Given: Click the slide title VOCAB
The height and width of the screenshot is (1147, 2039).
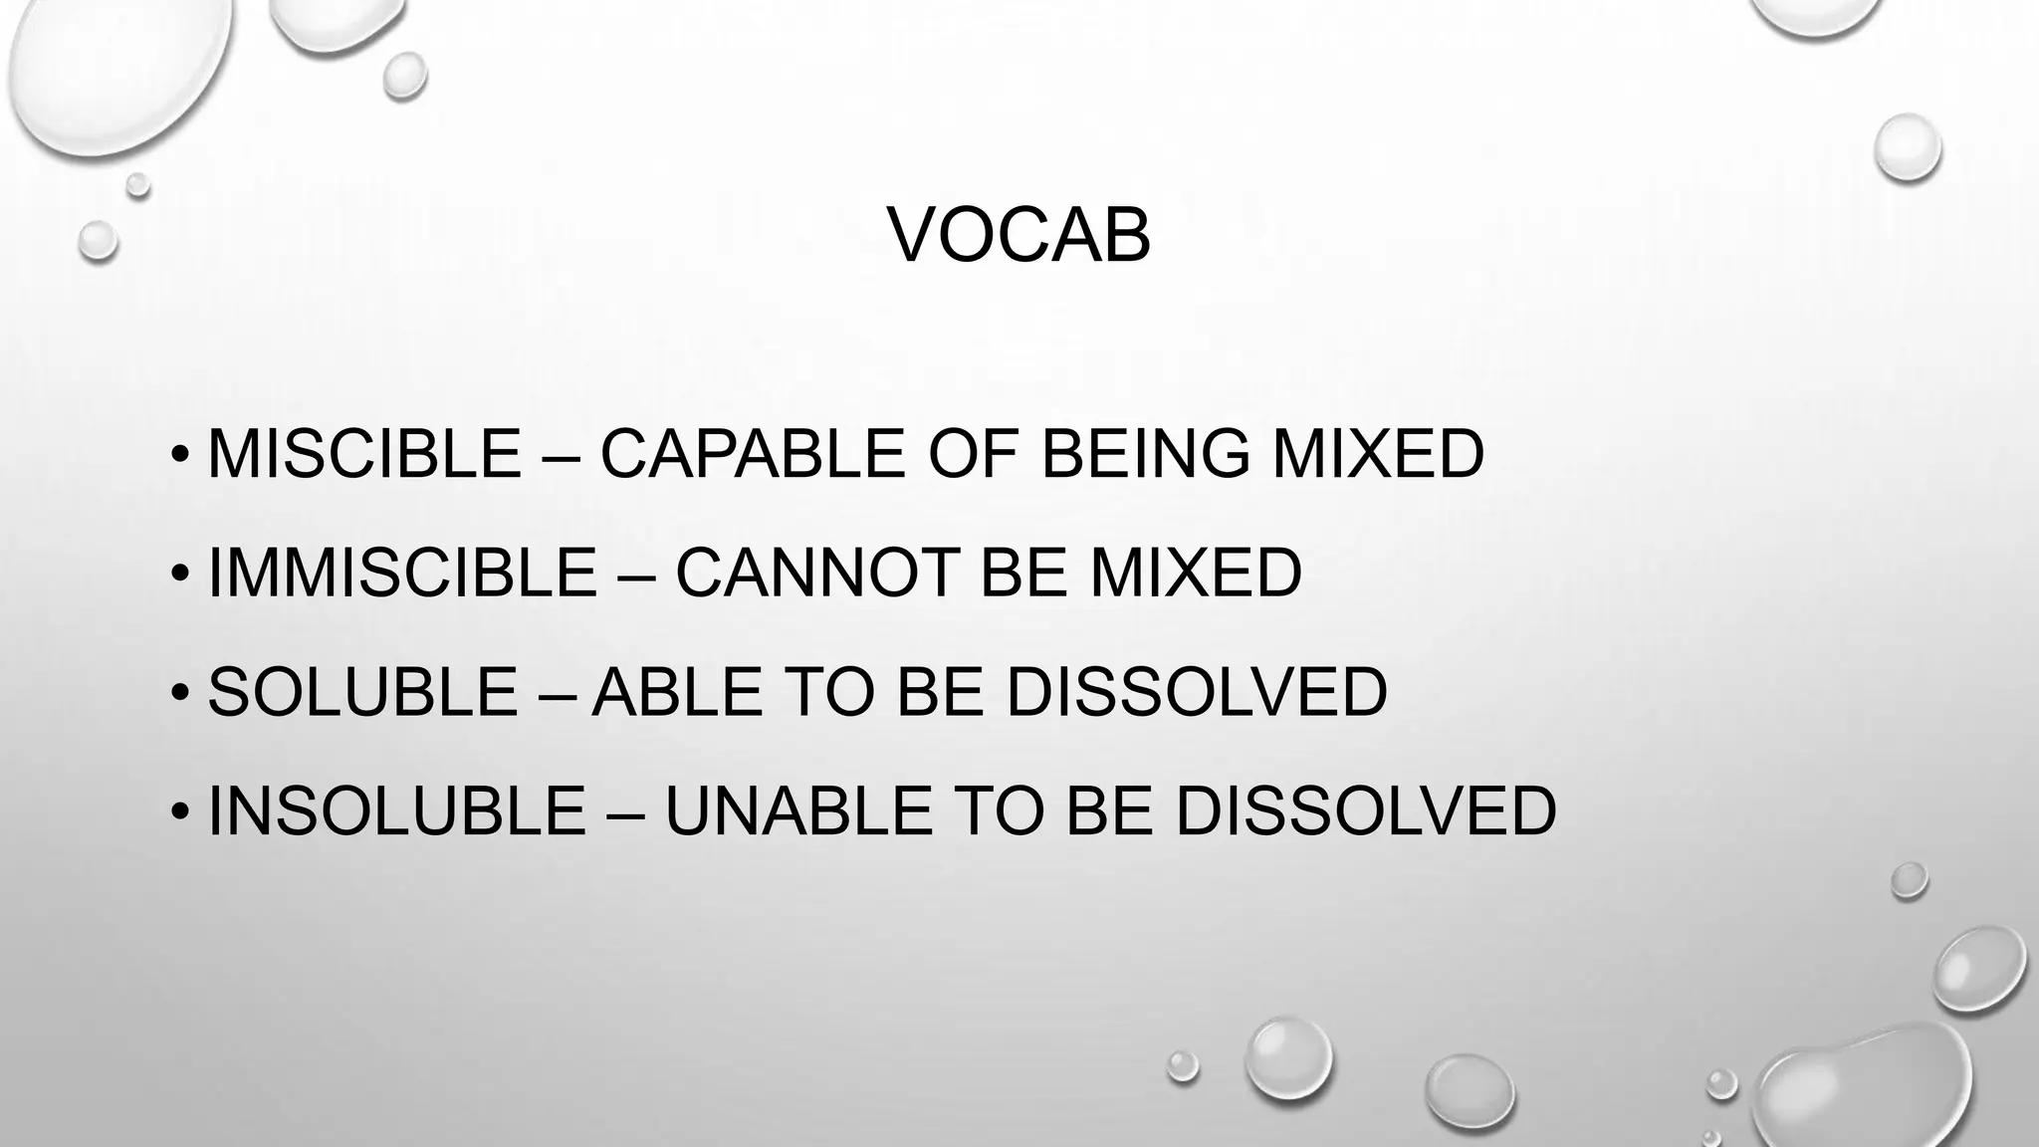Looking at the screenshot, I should click(1019, 237).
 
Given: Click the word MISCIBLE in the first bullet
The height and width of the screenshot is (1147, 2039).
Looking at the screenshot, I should click(364, 454).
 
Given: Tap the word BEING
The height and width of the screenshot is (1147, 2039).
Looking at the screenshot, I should click(1145, 454).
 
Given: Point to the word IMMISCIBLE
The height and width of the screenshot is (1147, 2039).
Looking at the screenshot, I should click(402, 573).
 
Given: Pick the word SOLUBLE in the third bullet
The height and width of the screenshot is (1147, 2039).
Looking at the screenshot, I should click(362, 692).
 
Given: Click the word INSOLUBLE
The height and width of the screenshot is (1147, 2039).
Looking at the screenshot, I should click(396, 810).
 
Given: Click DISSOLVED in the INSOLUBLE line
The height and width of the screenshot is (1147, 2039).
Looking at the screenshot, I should click(1366, 810).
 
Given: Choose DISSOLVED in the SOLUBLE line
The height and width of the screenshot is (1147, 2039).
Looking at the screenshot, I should click(1197, 692).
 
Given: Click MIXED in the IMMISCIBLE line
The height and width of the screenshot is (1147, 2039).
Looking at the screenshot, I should click(1196, 573).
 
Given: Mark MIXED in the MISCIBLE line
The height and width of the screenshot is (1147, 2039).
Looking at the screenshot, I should click(1379, 454).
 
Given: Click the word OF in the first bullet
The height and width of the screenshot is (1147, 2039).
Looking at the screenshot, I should click(973, 454).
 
